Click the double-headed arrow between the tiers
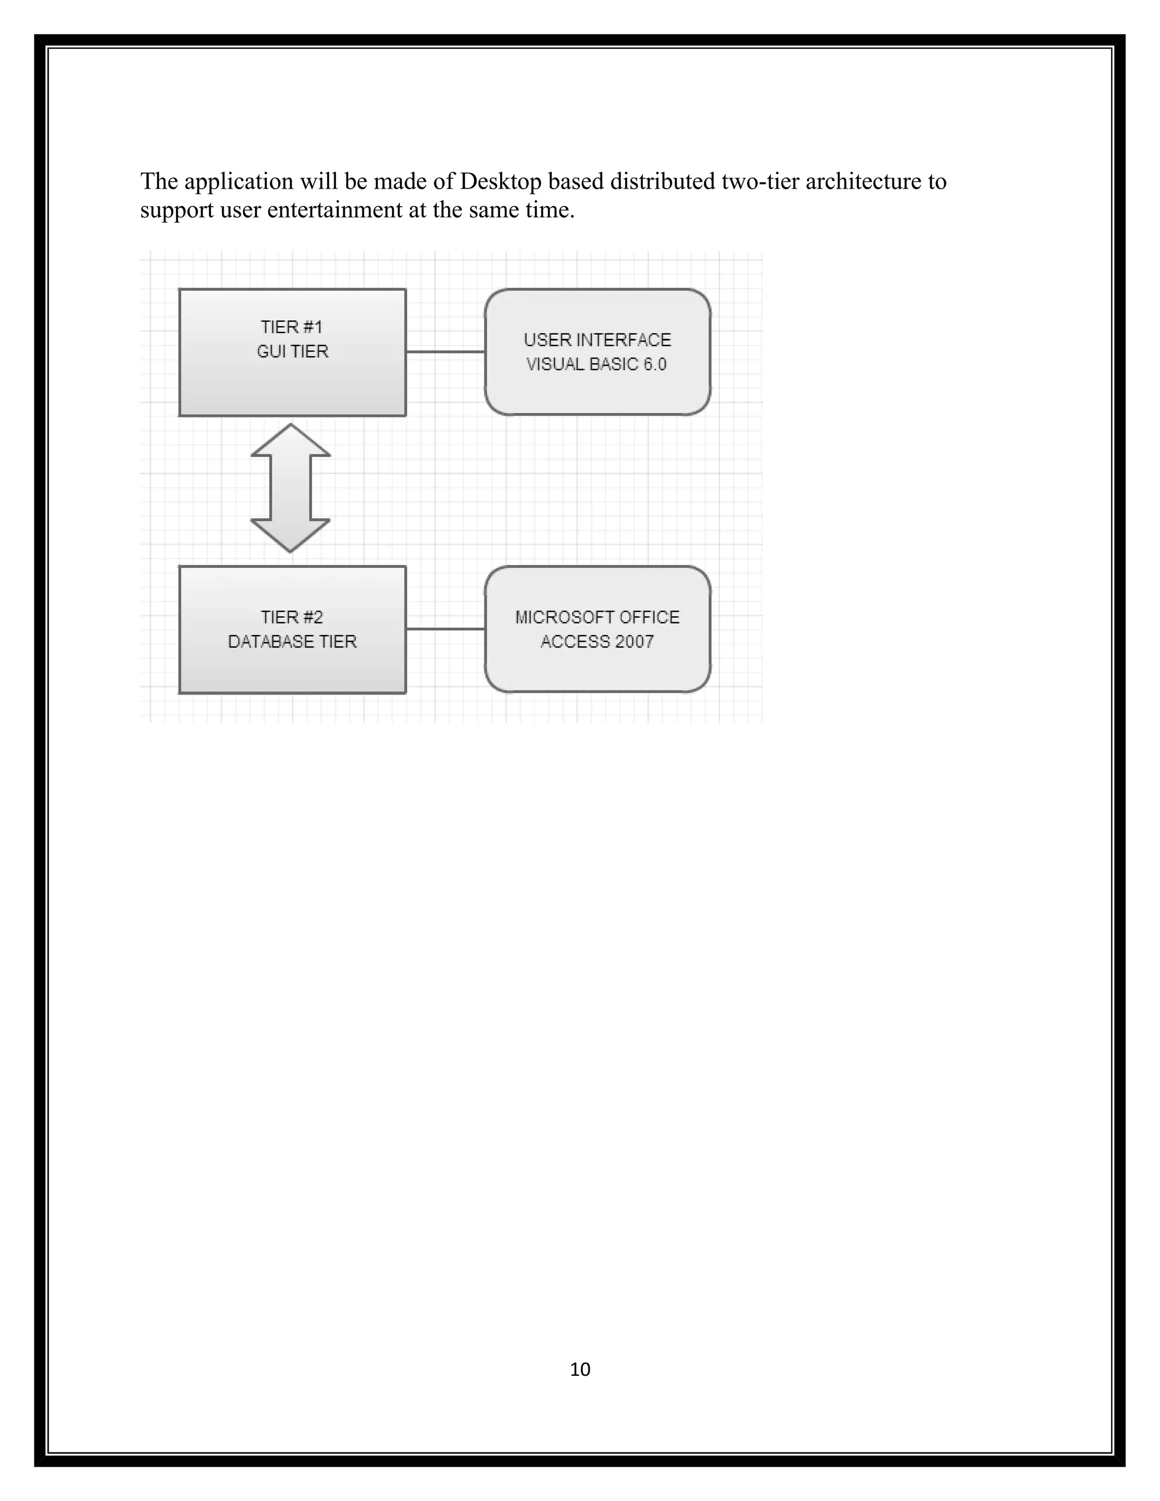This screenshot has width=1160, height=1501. (x=291, y=488)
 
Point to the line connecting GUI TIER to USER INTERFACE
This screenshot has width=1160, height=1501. (x=445, y=352)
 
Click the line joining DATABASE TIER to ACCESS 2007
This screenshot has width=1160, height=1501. (x=445, y=629)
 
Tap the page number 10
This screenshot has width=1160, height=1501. (x=580, y=1370)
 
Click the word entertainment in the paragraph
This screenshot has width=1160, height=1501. (x=335, y=210)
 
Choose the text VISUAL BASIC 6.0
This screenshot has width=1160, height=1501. (x=596, y=364)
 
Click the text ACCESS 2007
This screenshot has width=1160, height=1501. (x=596, y=642)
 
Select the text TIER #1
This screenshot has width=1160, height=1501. (x=291, y=327)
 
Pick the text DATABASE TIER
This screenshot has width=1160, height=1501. (x=292, y=642)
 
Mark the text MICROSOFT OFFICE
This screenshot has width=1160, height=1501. (x=597, y=617)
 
